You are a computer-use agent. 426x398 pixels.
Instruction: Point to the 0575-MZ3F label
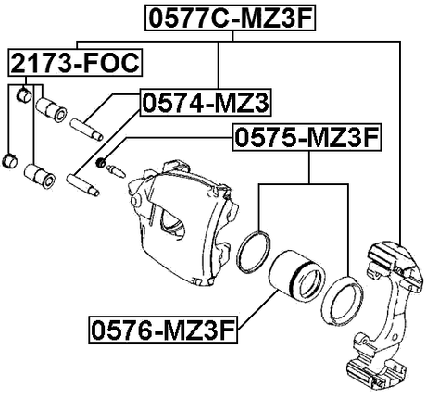pyautogui.click(x=306, y=139)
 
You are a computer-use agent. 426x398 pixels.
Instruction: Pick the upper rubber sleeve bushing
pyautogui.click(x=48, y=112)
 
